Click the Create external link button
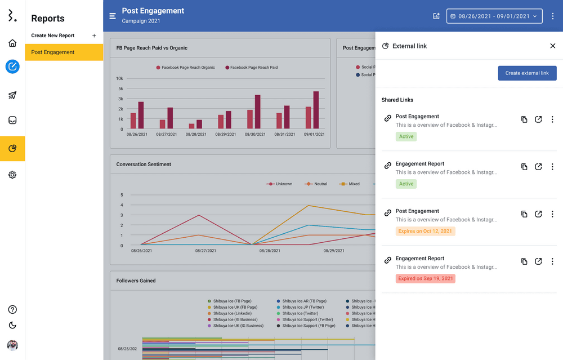[527, 73]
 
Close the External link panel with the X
[552, 46]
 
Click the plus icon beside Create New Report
[94, 35]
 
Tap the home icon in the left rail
[12, 43]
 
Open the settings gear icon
[12, 175]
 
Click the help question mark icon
[12, 310]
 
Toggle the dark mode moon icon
[12, 325]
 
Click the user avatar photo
[12, 345]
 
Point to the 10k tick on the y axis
[119, 78]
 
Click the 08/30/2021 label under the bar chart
[254, 135]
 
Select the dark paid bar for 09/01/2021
[316, 110]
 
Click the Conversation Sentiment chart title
[144, 165]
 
